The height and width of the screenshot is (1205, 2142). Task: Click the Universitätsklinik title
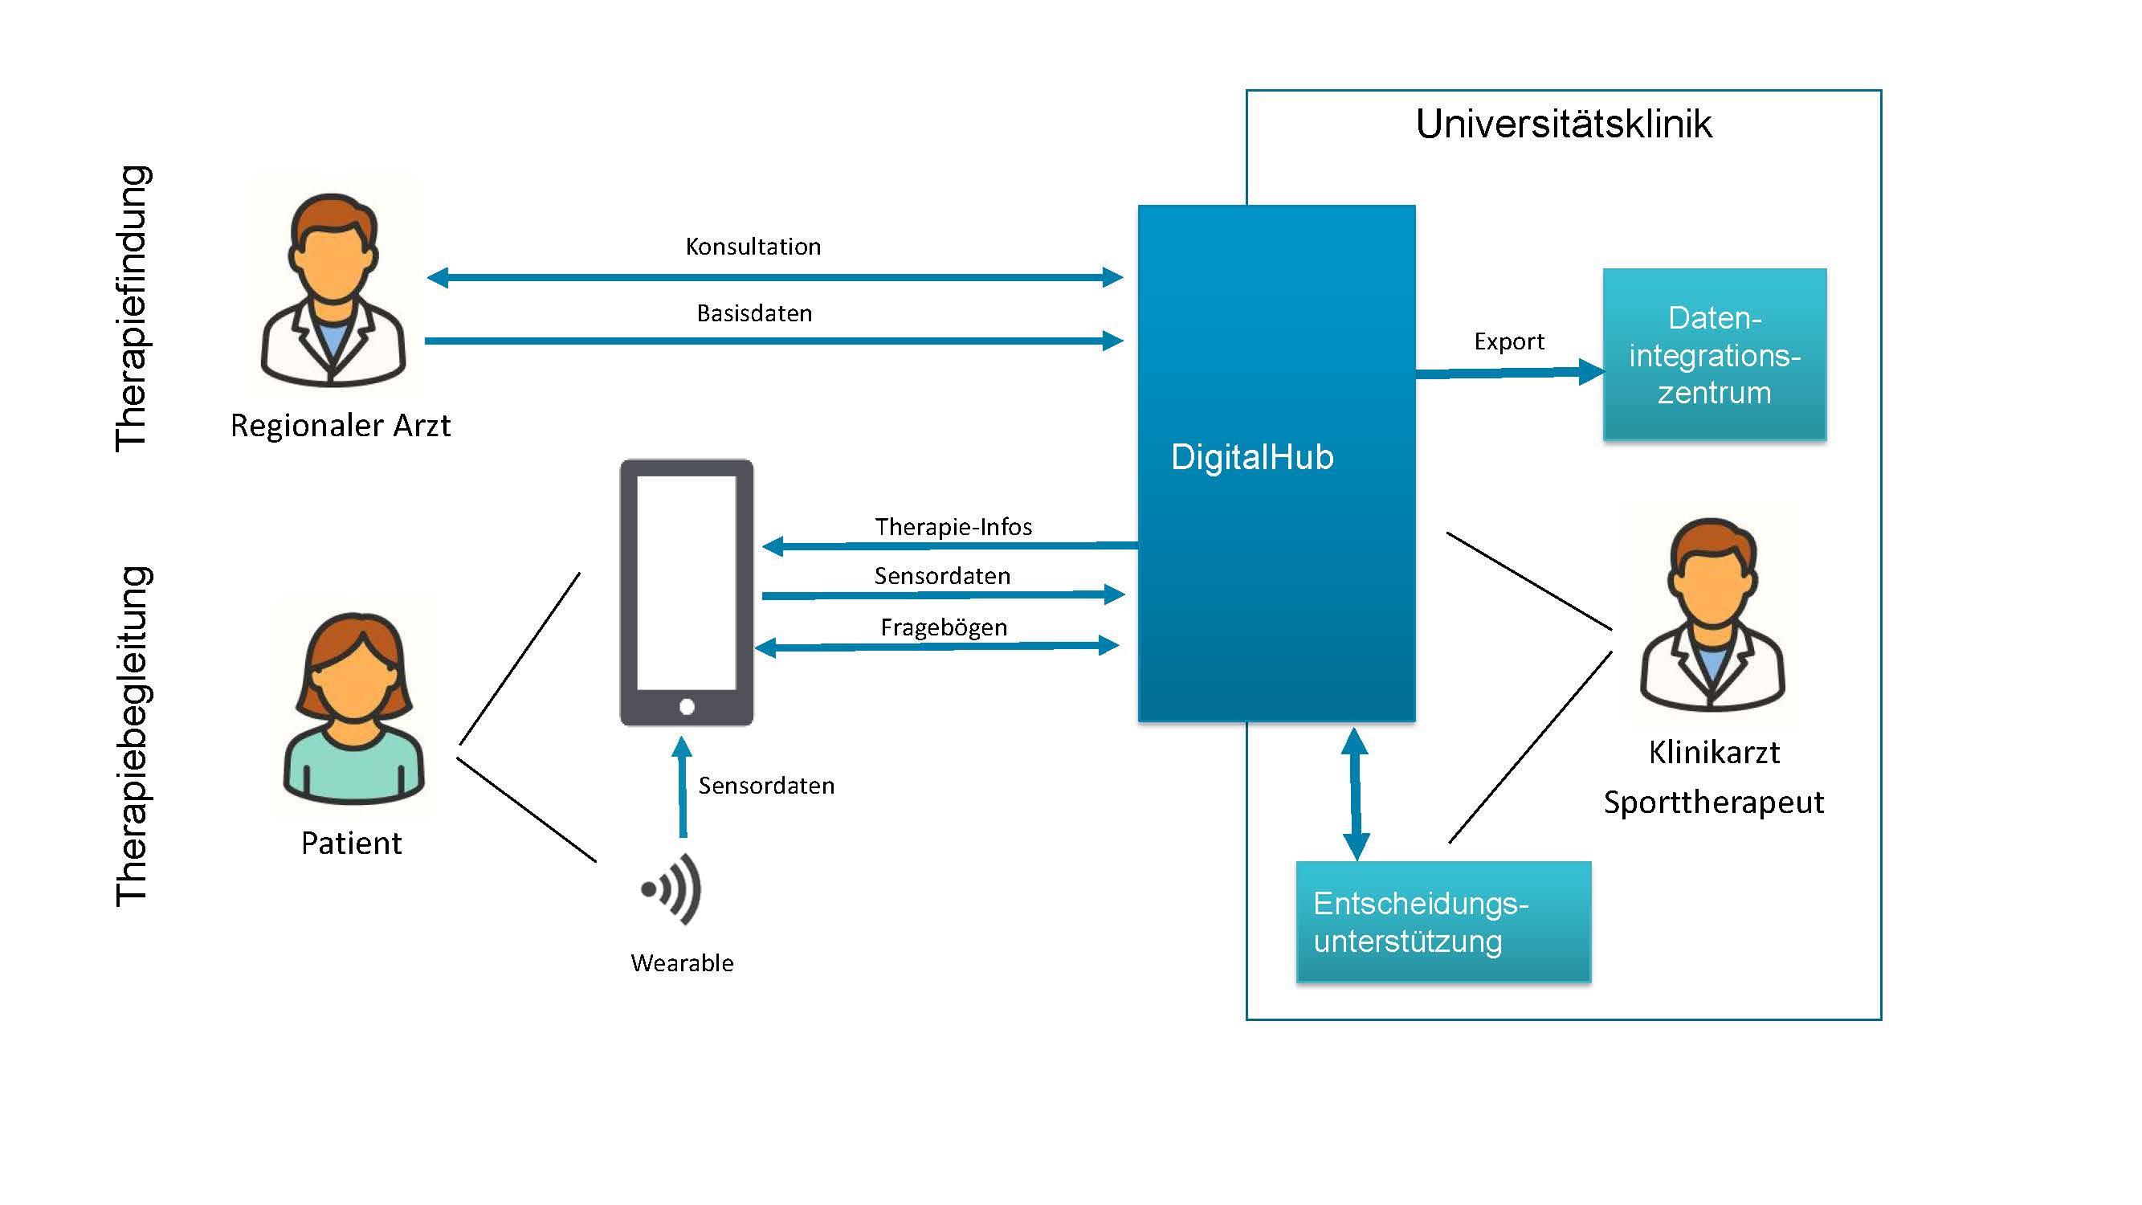(x=1563, y=125)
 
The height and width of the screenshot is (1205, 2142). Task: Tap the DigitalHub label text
(x=1251, y=457)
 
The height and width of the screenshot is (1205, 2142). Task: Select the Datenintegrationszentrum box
(x=1714, y=354)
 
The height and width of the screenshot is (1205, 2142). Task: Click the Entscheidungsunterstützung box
(x=1442, y=922)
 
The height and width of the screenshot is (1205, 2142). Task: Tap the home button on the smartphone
(x=687, y=707)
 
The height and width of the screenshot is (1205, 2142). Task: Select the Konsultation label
(x=753, y=247)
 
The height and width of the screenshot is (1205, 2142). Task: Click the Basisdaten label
(x=754, y=313)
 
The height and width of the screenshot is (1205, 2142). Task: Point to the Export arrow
(x=1509, y=373)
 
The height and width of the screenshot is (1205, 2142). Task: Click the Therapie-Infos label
(x=953, y=526)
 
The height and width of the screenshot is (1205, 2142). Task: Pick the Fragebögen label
(x=944, y=627)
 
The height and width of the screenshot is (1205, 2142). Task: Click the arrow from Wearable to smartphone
(x=683, y=786)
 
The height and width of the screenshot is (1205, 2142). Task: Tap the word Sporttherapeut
(x=1713, y=803)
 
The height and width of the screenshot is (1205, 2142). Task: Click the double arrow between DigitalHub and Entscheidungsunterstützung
(x=1356, y=794)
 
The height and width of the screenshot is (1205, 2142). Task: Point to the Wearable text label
(x=682, y=963)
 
